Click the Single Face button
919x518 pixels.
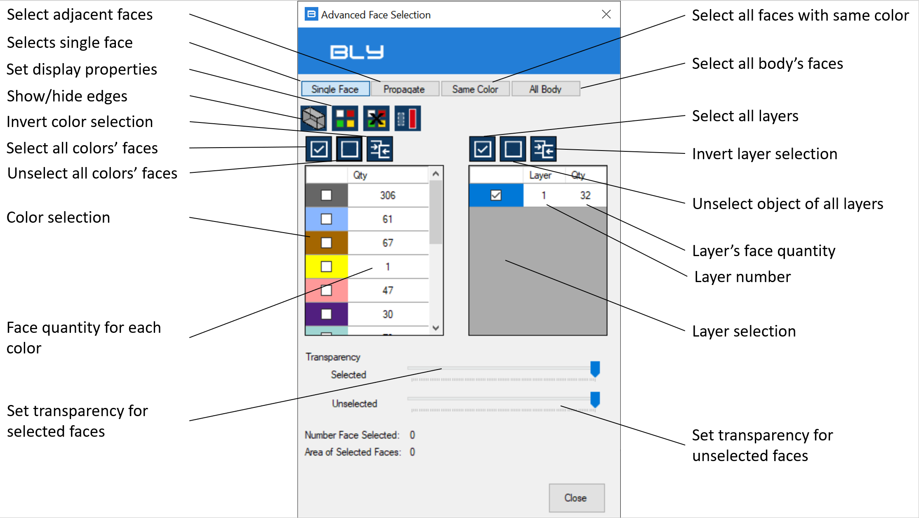click(x=335, y=89)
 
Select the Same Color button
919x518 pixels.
click(x=475, y=89)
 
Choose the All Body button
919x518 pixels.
click(x=546, y=89)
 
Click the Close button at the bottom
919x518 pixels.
click(x=576, y=498)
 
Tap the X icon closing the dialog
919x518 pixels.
click(x=606, y=14)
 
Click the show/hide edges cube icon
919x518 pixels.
click(x=314, y=118)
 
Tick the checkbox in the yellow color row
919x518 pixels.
click(x=326, y=266)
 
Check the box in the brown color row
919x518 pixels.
click(x=326, y=243)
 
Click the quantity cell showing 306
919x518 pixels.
click(x=388, y=195)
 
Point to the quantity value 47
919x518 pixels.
click(x=388, y=290)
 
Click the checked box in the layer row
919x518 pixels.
click(x=496, y=195)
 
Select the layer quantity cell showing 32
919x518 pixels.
click(x=585, y=195)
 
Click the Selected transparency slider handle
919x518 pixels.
click(x=595, y=369)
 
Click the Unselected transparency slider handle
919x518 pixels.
click(x=595, y=400)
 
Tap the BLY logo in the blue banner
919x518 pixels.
click(x=357, y=52)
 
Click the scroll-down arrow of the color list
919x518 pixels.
click(x=436, y=328)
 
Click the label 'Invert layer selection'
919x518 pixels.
click(x=765, y=154)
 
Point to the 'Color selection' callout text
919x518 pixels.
click(x=59, y=217)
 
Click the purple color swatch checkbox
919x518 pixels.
click(x=326, y=314)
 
